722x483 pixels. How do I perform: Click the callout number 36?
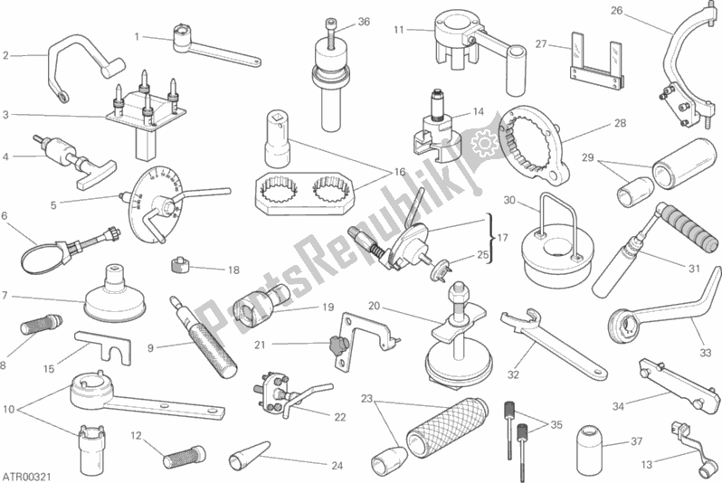(364, 22)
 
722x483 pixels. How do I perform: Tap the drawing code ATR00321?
(27, 475)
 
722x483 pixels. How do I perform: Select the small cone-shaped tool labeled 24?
(249, 454)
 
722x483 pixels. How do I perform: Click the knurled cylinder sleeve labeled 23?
(447, 427)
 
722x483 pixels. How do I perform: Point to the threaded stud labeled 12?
(183, 456)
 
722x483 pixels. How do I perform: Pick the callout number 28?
(621, 123)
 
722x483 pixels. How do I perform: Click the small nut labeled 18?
(180, 265)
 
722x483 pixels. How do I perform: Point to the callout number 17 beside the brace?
(503, 238)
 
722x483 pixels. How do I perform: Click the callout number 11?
(398, 30)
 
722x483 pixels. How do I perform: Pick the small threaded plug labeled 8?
(41, 322)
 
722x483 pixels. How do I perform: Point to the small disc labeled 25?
(441, 269)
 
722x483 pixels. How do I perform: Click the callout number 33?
(706, 353)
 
